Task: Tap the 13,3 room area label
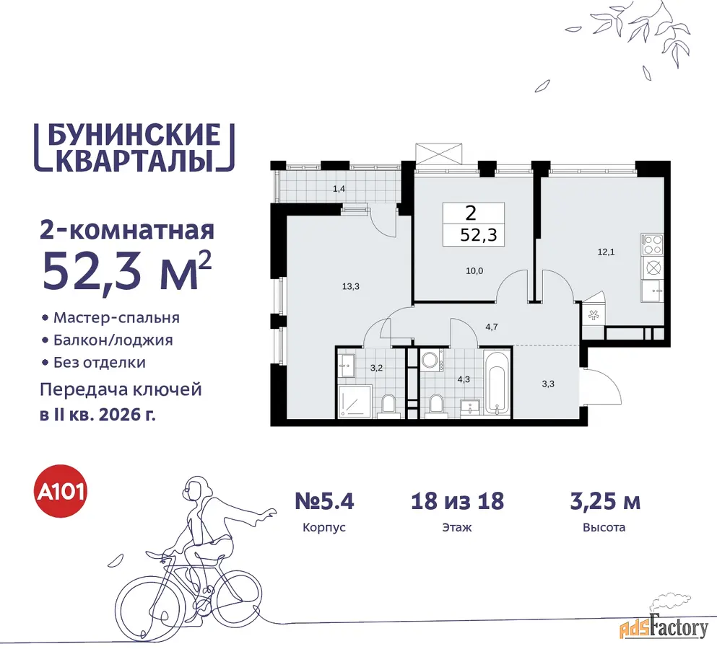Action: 351,286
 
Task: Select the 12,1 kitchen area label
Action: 606,252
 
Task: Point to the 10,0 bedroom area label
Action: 474,271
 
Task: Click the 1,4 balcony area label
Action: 339,189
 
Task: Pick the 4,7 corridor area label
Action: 492,327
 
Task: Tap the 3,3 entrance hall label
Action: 548,384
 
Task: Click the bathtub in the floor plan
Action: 497,383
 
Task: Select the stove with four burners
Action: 651,244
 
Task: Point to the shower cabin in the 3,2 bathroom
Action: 355,401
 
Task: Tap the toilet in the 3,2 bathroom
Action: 389,405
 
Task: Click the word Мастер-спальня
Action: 116,317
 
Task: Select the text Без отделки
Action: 100,362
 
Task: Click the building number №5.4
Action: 324,501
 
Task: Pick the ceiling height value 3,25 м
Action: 605,501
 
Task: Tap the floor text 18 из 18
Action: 457,501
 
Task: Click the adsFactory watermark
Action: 664,628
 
